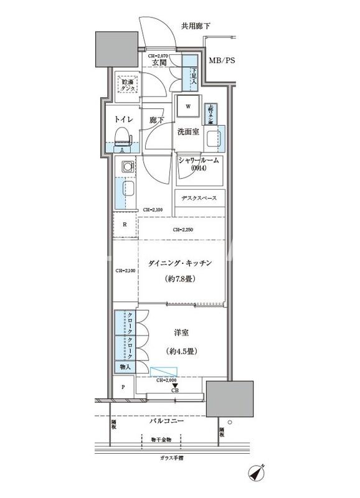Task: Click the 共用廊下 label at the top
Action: [x=196, y=26]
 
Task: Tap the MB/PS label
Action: [x=222, y=62]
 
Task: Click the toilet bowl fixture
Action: [x=123, y=136]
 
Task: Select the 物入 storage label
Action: [x=125, y=367]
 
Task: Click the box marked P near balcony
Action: [x=123, y=387]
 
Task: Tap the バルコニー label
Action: [x=167, y=421]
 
